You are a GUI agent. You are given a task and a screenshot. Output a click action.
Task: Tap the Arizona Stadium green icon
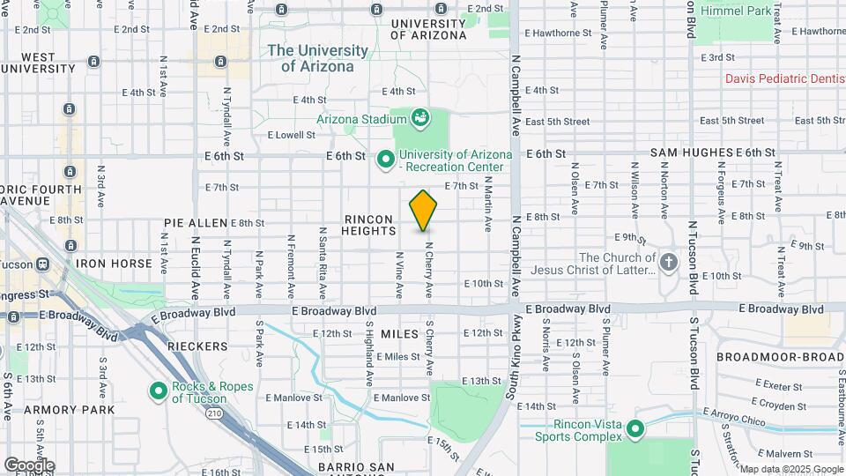(420, 117)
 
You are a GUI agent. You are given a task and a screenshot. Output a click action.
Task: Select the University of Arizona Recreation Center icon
(385, 160)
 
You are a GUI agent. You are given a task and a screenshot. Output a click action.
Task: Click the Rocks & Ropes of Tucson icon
(159, 390)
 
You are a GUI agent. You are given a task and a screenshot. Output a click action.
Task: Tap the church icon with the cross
(670, 263)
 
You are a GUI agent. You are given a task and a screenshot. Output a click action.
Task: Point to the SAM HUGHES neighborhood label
(691, 152)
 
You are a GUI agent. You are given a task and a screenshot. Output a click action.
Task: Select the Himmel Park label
(735, 10)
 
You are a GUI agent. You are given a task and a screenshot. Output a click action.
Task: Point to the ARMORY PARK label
(70, 410)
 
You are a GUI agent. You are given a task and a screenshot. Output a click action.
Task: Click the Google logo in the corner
(29, 465)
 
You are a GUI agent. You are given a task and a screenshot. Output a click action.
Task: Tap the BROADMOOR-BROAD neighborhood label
(779, 357)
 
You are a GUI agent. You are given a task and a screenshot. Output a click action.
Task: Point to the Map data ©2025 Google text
(790, 469)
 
